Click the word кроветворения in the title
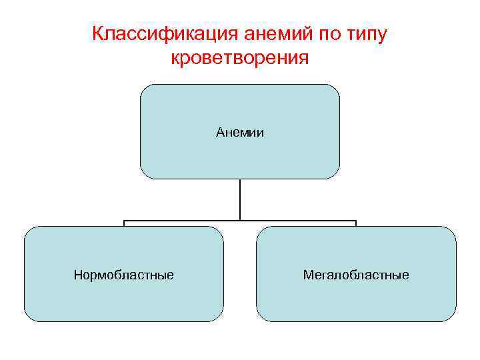point(240,58)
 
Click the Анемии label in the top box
point(240,133)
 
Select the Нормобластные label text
point(124,275)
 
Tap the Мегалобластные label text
point(356,275)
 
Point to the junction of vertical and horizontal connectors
point(240,220)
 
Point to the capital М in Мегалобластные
point(307,275)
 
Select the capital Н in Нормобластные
point(77,275)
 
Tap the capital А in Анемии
point(220,133)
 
